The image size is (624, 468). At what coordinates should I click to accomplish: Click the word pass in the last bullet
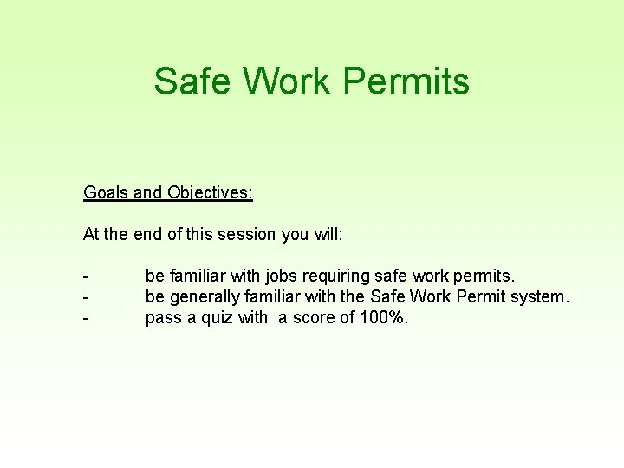(163, 318)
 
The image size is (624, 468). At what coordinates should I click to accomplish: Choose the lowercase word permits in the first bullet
(484, 276)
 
